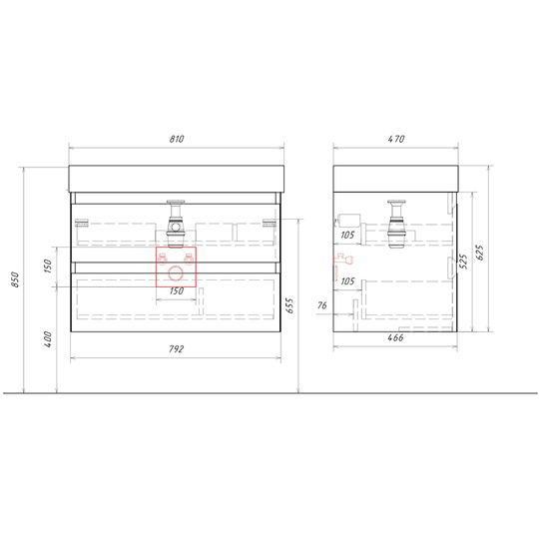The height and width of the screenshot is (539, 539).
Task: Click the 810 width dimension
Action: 177,139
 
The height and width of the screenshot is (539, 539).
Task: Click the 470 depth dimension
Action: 396,139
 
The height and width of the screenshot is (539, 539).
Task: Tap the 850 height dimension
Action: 15,279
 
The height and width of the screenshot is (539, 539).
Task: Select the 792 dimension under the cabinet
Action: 177,349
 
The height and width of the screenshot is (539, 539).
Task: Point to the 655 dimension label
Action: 289,305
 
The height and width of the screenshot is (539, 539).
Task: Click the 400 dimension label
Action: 48,339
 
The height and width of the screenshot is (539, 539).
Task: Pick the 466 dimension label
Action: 395,338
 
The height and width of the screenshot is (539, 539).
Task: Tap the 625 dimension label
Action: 480,253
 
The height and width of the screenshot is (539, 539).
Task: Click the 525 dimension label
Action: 463,262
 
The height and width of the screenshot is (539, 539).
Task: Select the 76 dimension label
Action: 322,305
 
